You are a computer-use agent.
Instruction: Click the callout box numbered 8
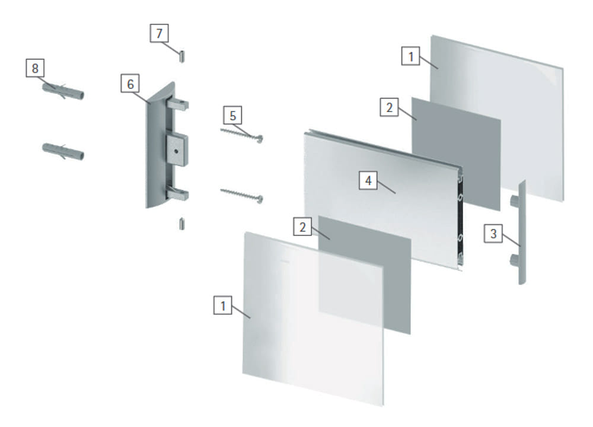35,68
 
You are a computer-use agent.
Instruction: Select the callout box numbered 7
159,33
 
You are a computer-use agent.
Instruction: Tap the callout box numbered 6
130,84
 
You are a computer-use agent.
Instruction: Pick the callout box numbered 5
232,116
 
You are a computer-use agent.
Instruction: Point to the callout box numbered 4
368,180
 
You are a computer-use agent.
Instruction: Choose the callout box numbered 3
493,233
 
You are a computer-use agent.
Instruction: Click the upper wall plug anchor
63,91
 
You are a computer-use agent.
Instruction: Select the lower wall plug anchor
63,151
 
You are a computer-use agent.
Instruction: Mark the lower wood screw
242,196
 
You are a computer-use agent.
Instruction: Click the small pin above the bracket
182,56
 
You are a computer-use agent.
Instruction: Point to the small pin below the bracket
182,224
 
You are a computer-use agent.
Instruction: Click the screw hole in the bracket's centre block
176,151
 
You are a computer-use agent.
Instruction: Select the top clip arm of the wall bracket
177,104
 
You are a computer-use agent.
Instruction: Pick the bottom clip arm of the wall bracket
177,194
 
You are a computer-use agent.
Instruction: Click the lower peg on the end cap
514,260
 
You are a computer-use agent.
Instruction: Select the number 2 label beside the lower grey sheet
302,227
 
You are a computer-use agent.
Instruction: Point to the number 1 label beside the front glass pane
223,305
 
